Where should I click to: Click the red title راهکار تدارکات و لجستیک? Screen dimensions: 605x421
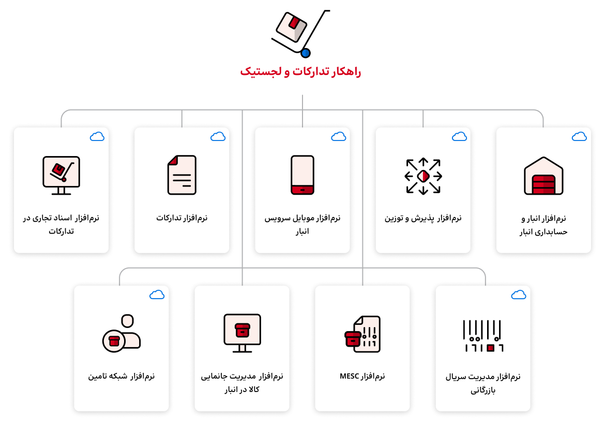point(300,72)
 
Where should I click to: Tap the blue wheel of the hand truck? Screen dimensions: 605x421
point(306,53)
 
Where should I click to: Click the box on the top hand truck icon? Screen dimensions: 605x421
point(291,26)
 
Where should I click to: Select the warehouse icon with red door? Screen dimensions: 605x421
point(543,176)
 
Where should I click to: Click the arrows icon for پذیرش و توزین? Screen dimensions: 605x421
point(423,176)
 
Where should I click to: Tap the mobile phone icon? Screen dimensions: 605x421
point(303,175)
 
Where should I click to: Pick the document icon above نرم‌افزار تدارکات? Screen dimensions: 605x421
point(182,175)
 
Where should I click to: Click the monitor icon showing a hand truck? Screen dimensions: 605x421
point(62,175)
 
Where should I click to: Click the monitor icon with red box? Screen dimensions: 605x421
point(243,333)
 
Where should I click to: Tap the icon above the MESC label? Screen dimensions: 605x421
point(362,334)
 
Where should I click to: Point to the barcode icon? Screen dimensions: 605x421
point(483,335)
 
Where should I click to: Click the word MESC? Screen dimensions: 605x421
point(350,376)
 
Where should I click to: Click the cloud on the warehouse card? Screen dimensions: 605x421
point(579,136)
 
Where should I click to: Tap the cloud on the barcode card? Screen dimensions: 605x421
point(519,295)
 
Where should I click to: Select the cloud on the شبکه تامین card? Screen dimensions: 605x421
point(157,295)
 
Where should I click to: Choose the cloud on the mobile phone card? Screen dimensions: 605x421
point(338,136)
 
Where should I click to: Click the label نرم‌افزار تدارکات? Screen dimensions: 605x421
point(182,218)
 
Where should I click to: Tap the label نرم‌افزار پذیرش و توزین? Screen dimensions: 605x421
point(423,218)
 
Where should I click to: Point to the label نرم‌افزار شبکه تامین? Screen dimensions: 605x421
point(121,376)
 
